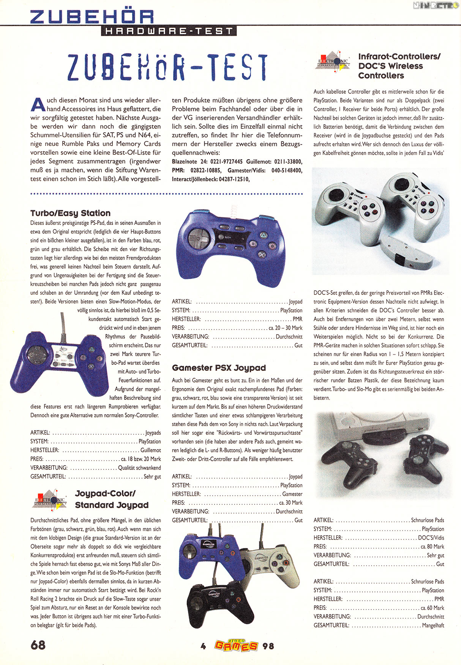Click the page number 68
coord(38,645)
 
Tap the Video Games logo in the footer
coord(236,645)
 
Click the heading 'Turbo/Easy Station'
coord(70,213)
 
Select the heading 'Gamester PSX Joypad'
coord(219,368)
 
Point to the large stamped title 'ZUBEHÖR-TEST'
coord(167,68)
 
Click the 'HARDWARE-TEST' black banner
coord(169,31)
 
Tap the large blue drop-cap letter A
coord(38,104)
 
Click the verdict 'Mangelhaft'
coord(433,625)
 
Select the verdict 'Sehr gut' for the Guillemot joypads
coord(152,477)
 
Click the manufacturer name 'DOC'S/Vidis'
coord(431,538)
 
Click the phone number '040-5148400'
coord(287,171)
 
